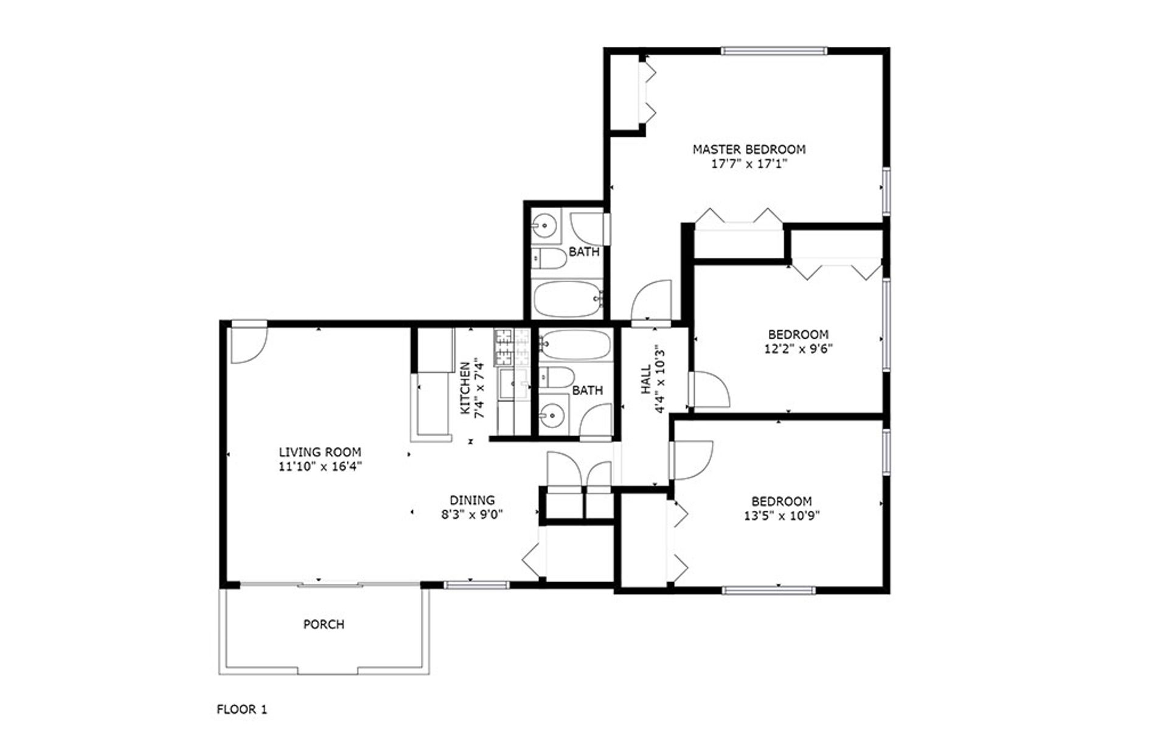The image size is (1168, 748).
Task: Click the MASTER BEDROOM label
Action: [x=749, y=149]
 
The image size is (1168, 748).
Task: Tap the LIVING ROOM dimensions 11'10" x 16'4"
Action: [x=320, y=467]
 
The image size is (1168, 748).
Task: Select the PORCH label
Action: [x=324, y=625]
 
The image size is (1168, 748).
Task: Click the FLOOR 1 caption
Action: [x=242, y=709]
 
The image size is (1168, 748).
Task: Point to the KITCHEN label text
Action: [x=465, y=389]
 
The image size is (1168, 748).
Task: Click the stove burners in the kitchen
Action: [x=504, y=347]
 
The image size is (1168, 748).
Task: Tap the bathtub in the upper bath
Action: [x=568, y=299]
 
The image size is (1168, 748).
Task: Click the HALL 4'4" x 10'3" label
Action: [x=652, y=379]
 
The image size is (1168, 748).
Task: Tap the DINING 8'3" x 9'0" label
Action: [x=472, y=507]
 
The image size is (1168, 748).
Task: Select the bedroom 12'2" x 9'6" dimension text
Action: [x=798, y=349]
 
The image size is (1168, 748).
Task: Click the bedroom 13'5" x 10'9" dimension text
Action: [x=782, y=516]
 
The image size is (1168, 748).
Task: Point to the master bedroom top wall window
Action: [x=774, y=51]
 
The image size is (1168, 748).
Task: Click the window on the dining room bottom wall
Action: [x=476, y=585]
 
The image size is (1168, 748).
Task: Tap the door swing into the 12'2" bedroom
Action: [x=709, y=390]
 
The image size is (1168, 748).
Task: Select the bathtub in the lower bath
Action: [x=575, y=345]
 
